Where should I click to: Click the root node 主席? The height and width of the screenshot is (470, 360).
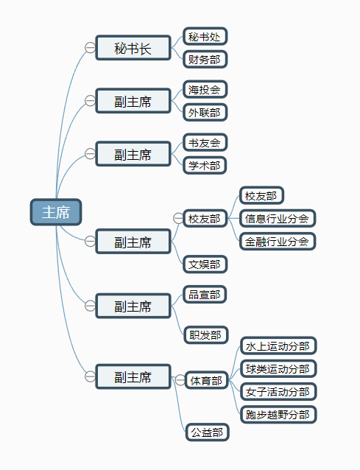click(x=55, y=212)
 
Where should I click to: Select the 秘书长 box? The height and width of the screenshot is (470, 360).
click(x=133, y=49)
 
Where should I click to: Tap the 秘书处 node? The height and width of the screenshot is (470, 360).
click(x=204, y=36)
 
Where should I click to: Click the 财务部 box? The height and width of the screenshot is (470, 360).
click(x=204, y=59)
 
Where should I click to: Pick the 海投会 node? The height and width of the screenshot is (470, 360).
click(x=204, y=90)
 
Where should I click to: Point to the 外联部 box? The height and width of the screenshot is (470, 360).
click(x=204, y=113)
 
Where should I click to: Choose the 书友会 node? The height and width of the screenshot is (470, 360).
click(x=204, y=142)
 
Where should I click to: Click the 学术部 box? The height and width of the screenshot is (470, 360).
click(x=204, y=165)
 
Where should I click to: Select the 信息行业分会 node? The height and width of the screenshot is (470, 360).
click(x=277, y=218)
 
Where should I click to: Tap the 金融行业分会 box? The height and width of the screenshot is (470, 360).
click(x=277, y=241)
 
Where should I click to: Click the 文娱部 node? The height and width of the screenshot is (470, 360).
click(x=205, y=264)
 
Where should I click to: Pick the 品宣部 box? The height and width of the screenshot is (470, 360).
click(x=204, y=295)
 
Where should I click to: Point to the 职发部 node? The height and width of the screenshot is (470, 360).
click(x=205, y=335)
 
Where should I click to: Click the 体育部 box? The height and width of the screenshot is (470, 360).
click(x=206, y=381)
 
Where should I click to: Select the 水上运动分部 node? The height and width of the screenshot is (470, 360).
click(x=278, y=346)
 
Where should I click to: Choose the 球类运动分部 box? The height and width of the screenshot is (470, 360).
click(x=278, y=368)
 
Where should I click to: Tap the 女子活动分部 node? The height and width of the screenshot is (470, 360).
click(x=278, y=391)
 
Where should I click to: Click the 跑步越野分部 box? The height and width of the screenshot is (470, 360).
click(x=278, y=414)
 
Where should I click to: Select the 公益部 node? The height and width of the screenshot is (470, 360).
click(x=206, y=432)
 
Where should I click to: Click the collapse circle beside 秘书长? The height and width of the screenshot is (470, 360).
click(x=90, y=48)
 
